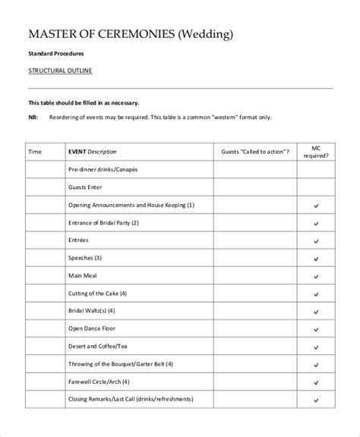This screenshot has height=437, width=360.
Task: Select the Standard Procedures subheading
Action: click(x=57, y=55)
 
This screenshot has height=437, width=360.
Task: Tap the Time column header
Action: click(x=35, y=152)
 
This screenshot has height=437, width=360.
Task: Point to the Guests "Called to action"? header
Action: click(x=254, y=152)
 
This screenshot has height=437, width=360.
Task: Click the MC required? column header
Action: click(x=315, y=152)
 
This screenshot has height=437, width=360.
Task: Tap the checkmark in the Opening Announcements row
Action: click(x=315, y=205)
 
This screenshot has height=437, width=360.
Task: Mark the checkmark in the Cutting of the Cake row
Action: click(x=315, y=293)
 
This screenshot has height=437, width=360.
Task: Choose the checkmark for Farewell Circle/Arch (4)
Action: click(x=315, y=381)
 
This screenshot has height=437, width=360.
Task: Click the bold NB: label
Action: click(x=33, y=117)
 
